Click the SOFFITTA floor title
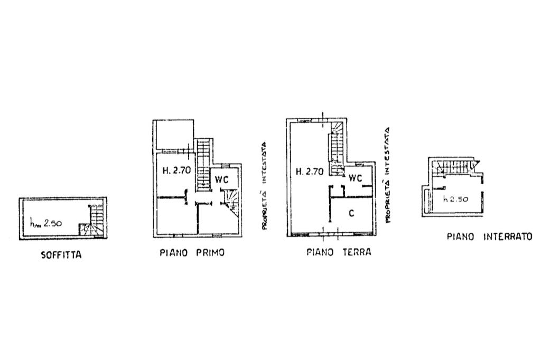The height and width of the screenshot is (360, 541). [61, 255]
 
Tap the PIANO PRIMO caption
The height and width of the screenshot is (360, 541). [192, 253]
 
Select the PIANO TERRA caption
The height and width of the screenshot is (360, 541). [339, 252]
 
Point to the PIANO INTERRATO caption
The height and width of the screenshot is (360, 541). [490, 236]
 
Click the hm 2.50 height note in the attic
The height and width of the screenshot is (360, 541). [46, 223]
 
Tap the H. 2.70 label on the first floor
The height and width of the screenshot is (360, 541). [176, 170]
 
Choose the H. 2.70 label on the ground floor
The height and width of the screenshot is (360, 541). [310, 171]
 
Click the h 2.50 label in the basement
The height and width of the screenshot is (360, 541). [455, 199]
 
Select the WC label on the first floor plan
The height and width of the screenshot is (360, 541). [221, 179]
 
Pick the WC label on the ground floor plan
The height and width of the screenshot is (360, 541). [355, 178]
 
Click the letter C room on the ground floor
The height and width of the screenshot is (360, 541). [351, 213]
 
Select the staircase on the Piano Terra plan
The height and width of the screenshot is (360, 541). [337, 149]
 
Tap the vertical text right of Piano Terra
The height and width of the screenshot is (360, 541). [387, 175]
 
